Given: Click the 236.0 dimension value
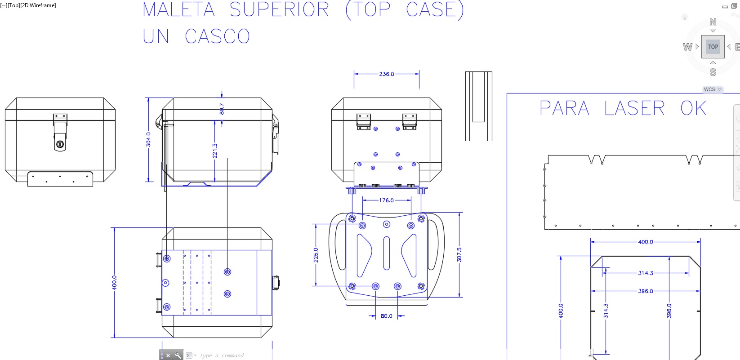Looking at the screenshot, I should point(386,74).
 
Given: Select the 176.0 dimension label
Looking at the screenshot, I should point(386,200).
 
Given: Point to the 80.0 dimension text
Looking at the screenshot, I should point(386,316).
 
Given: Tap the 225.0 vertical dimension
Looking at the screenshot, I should point(316,255).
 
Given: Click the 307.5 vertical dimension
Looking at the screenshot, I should point(459,254).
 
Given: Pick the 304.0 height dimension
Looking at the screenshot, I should point(148,139).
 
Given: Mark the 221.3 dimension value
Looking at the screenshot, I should point(214,151).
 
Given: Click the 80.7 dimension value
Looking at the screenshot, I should point(222,109).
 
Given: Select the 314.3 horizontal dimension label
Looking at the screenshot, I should point(646,273).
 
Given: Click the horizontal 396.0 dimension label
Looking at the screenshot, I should point(646,291).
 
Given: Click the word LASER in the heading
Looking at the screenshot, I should point(634,108).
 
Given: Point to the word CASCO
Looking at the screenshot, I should point(217,36).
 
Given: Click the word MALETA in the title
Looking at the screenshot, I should point(178,10).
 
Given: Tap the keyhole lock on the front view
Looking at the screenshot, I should point(60,144).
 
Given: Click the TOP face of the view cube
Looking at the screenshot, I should point(713,47).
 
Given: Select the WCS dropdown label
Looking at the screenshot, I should point(709,89).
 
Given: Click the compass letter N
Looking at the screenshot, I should point(713,22).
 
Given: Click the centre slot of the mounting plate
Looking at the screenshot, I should point(386,253).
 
